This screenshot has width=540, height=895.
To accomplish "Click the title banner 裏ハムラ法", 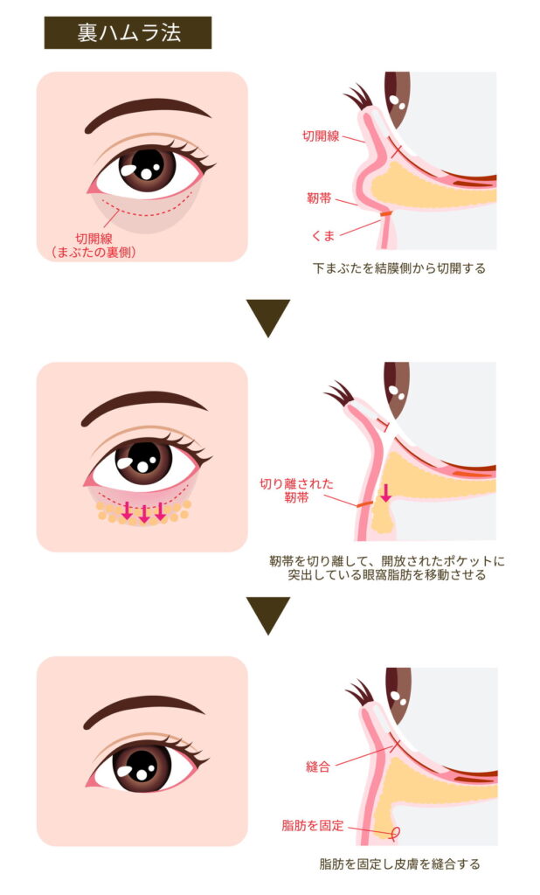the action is click(x=128, y=32).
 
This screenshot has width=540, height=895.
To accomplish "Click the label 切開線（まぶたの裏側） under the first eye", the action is click(x=93, y=246).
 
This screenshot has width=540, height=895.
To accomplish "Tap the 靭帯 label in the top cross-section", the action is click(x=319, y=198).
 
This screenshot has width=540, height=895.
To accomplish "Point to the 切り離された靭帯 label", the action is click(x=296, y=490).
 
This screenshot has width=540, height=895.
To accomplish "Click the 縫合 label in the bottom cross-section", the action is click(x=318, y=767).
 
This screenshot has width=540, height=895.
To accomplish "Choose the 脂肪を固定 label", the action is click(x=313, y=825).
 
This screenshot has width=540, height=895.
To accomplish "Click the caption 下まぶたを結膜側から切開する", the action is click(x=399, y=267).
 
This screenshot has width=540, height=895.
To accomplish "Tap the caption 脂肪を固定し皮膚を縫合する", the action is click(x=399, y=864).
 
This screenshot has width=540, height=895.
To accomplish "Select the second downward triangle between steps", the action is click(x=268, y=615).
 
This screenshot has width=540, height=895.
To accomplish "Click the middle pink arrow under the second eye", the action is click(x=144, y=513).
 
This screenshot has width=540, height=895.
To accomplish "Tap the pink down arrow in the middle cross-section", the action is click(x=386, y=493).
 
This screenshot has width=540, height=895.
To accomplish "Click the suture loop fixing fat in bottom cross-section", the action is click(x=392, y=834).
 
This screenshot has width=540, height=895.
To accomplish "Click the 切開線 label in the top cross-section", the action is click(x=320, y=135).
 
